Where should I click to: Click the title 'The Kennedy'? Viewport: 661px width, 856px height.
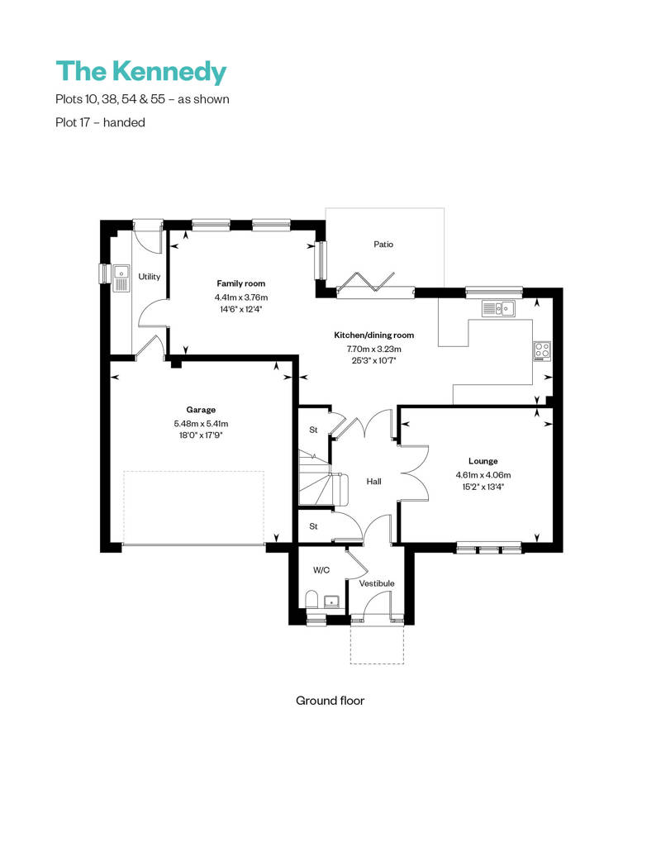[140, 72]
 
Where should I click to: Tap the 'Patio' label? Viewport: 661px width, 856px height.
[383, 245]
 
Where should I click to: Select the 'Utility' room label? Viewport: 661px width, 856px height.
[150, 277]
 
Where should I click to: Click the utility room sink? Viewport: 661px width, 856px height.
[121, 278]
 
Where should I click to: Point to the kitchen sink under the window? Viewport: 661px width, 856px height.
[499, 308]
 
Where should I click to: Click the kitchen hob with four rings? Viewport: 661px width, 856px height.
[542, 350]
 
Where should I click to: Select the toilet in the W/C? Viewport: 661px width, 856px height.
[311, 600]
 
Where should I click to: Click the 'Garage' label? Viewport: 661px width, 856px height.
[201, 410]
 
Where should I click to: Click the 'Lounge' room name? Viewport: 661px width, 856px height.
[483, 461]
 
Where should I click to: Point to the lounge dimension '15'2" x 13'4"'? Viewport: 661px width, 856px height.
[483, 487]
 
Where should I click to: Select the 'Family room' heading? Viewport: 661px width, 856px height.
[241, 283]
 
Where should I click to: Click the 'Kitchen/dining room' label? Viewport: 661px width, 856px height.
[373, 335]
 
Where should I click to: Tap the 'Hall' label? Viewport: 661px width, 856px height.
[374, 481]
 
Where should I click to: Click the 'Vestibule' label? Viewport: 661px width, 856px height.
[376, 583]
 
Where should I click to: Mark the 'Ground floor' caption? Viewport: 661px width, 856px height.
[330, 701]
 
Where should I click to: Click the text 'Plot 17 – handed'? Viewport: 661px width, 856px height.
[100, 122]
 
